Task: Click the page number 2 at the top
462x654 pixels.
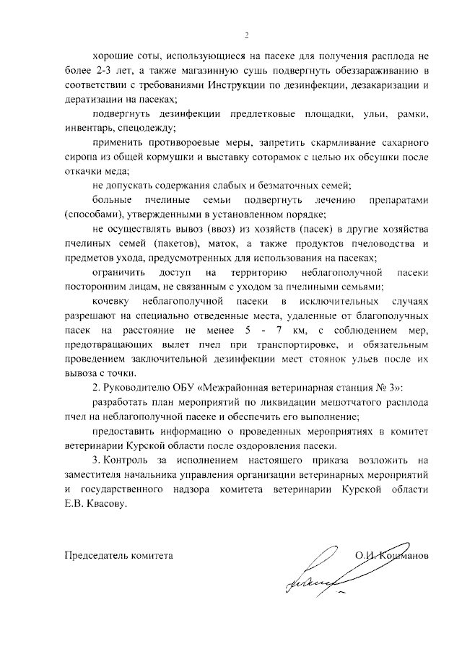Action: (246, 35)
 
